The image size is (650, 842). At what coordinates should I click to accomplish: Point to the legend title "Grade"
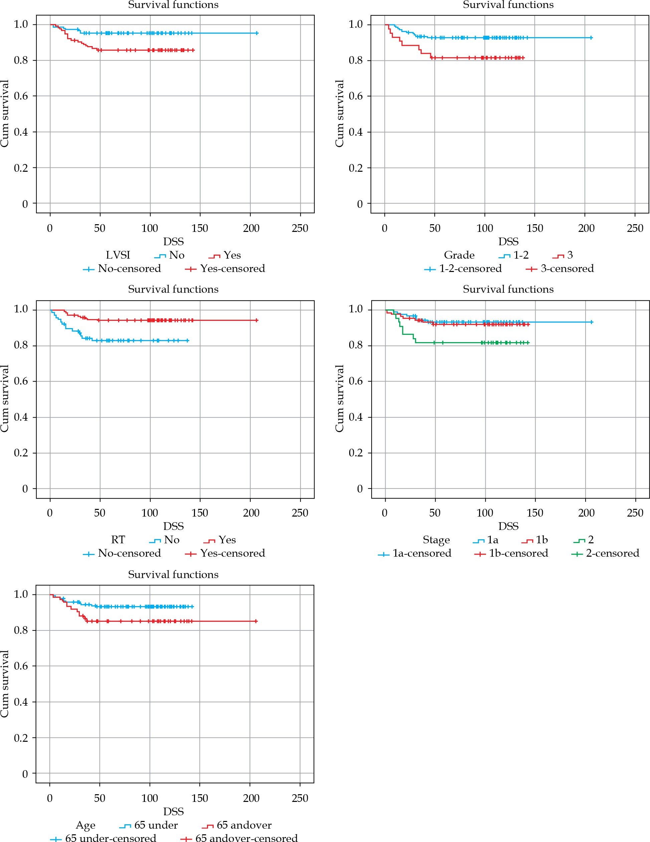(x=459, y=255)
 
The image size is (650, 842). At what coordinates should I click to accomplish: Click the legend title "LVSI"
(x=118, y=255)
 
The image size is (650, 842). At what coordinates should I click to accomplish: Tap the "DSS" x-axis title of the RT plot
(x=173, y=526)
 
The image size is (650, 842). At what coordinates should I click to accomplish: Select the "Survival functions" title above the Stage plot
(x=508, y=289)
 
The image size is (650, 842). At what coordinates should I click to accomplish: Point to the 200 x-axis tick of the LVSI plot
(x=251, y=228)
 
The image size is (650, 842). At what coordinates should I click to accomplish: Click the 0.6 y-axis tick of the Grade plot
(x=356, y=96)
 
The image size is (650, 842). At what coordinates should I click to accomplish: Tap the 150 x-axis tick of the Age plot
(x=200, y=798)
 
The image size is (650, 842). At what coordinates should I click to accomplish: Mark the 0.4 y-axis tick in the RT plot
(x=21, y=417)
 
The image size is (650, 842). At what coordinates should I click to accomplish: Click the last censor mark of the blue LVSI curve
(x=257, y=33)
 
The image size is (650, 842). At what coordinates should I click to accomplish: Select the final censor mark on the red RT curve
(x=257, y=320)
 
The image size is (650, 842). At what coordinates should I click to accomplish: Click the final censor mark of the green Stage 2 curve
(x=528, y=343)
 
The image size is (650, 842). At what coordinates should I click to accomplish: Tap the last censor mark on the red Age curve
(x=256, y=621)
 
